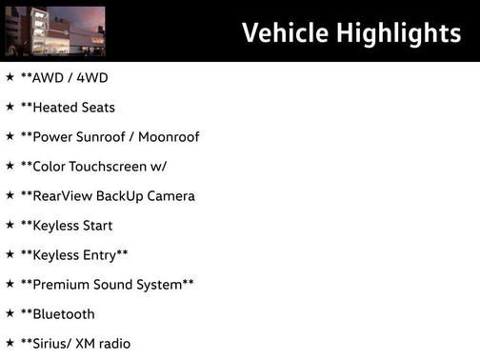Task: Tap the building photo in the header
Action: coord(53,30)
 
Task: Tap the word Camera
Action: coord(170,196)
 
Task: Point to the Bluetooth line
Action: coord(63,314)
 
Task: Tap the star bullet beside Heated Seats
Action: coord(10,107)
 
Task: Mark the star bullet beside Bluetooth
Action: coord(10,313)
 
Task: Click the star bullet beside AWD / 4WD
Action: coord(10,77)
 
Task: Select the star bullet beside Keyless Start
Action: coord(10,225)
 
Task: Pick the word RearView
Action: coord(62,196)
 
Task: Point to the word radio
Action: coord(113,344)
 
